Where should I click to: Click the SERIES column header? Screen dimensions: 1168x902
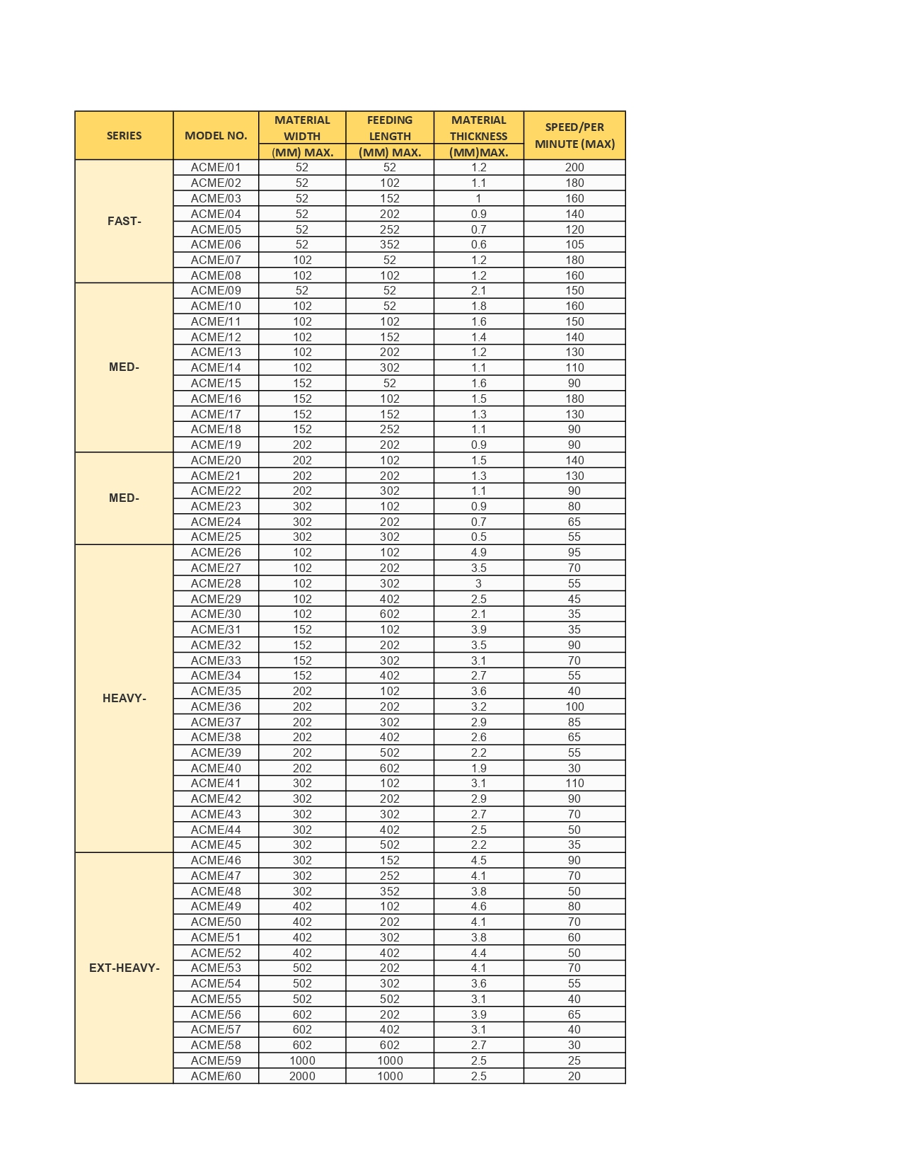[124, 135]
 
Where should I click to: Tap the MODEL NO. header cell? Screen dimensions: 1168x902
[216, 135]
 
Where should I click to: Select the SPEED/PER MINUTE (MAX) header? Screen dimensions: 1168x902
[574, 135]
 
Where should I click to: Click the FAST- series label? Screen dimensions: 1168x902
[124, 221]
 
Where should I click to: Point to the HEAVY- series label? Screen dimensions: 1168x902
[124, 698]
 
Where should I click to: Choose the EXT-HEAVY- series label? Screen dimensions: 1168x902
[124, 968]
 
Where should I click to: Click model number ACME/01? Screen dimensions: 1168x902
[216, 168]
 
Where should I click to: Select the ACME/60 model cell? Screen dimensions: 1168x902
[216, 1076]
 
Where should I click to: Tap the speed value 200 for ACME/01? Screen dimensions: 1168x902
[574, 168]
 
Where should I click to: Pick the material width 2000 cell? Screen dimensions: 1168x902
[302, 1076]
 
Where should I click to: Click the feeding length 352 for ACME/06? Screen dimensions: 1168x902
[390, 244]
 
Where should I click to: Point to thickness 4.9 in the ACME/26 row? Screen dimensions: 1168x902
[478, 552]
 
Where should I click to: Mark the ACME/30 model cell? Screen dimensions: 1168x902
[216, 614]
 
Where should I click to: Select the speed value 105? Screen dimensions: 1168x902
[574, 244]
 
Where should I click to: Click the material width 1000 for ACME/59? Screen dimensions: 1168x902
[302, 1060]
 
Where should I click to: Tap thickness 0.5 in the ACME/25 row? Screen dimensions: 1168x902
[478, 537]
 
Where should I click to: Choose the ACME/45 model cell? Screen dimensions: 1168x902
[216, 844]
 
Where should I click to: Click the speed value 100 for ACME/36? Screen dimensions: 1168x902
[574, 706]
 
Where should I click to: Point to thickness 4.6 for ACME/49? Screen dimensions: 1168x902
[478, 906]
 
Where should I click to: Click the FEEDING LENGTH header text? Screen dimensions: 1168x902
[390, 128]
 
